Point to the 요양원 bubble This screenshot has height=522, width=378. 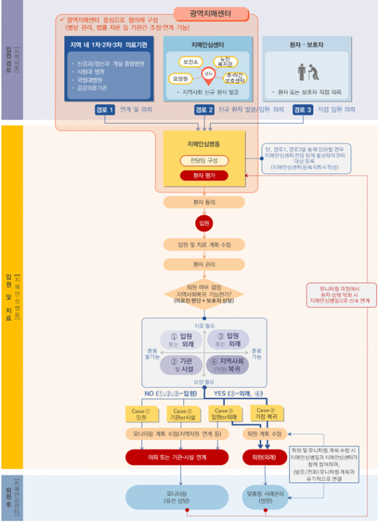pos(180,78)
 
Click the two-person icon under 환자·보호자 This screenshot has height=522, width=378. pos(307,71)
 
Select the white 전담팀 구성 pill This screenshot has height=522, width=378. pos(203,160)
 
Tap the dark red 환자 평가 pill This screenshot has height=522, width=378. pos(203,175)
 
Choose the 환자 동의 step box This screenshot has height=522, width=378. pos(203,202)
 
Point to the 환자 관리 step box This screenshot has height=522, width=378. pos(203,264)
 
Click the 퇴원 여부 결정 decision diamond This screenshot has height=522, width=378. pos(203,294)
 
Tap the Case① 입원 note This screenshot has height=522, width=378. pos(142,414)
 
